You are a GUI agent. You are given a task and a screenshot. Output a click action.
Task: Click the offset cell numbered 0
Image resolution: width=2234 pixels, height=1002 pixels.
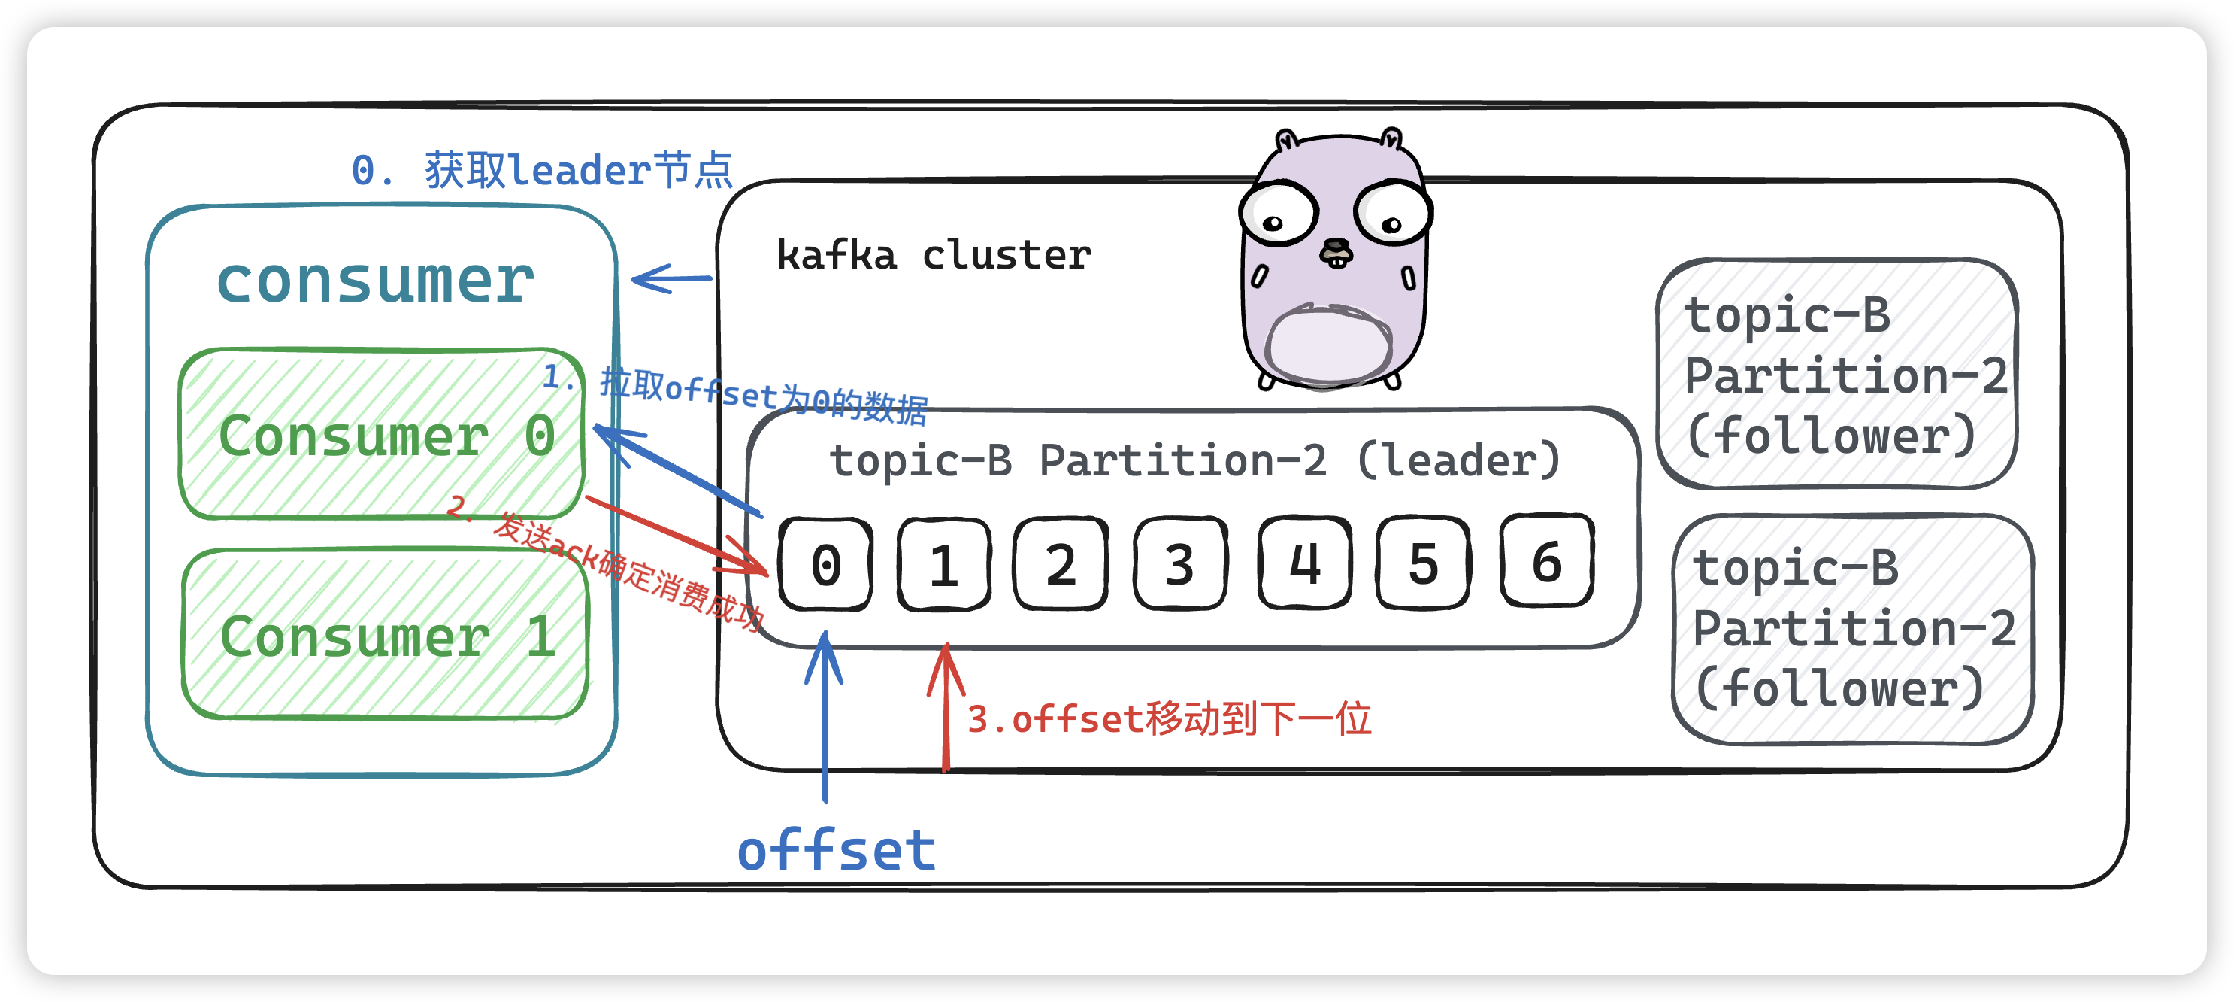pyautogui.click(x=825, y=565)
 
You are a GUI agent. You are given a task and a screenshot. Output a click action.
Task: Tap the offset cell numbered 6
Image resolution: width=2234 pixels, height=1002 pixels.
pyautogui.click(x=1546, y=561)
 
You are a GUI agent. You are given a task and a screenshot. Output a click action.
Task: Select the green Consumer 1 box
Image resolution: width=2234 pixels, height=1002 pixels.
pyautogui.click(x=385, y=634)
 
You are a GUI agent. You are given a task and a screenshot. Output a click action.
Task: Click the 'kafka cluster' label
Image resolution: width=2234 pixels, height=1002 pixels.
pyautogui.click(x=933, y=255)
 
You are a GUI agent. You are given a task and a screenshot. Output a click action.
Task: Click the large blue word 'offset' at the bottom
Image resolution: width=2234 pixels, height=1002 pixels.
pyautogui.click(x=836, y=850)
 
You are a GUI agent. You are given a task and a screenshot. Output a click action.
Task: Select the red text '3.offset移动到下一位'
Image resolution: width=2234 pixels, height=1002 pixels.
pyautogui.click(x=1168, y=719)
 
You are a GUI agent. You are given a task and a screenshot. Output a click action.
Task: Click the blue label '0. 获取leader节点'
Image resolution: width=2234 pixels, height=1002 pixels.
pyautogui.click(x=542, y=170)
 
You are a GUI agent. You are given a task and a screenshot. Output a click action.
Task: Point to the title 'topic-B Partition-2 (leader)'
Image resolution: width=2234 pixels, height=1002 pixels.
pyautogui.click(x=1194, y=460)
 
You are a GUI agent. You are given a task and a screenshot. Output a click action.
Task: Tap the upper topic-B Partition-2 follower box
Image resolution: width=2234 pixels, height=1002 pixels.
pyautogui.click(x=1837, y=374)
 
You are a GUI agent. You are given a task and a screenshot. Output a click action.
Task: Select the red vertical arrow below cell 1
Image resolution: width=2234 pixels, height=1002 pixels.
pyautogui.click(x=946, y=707)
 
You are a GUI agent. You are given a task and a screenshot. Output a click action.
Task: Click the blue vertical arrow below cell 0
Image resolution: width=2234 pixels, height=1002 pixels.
pyautogui.click(x=825, y=715)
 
